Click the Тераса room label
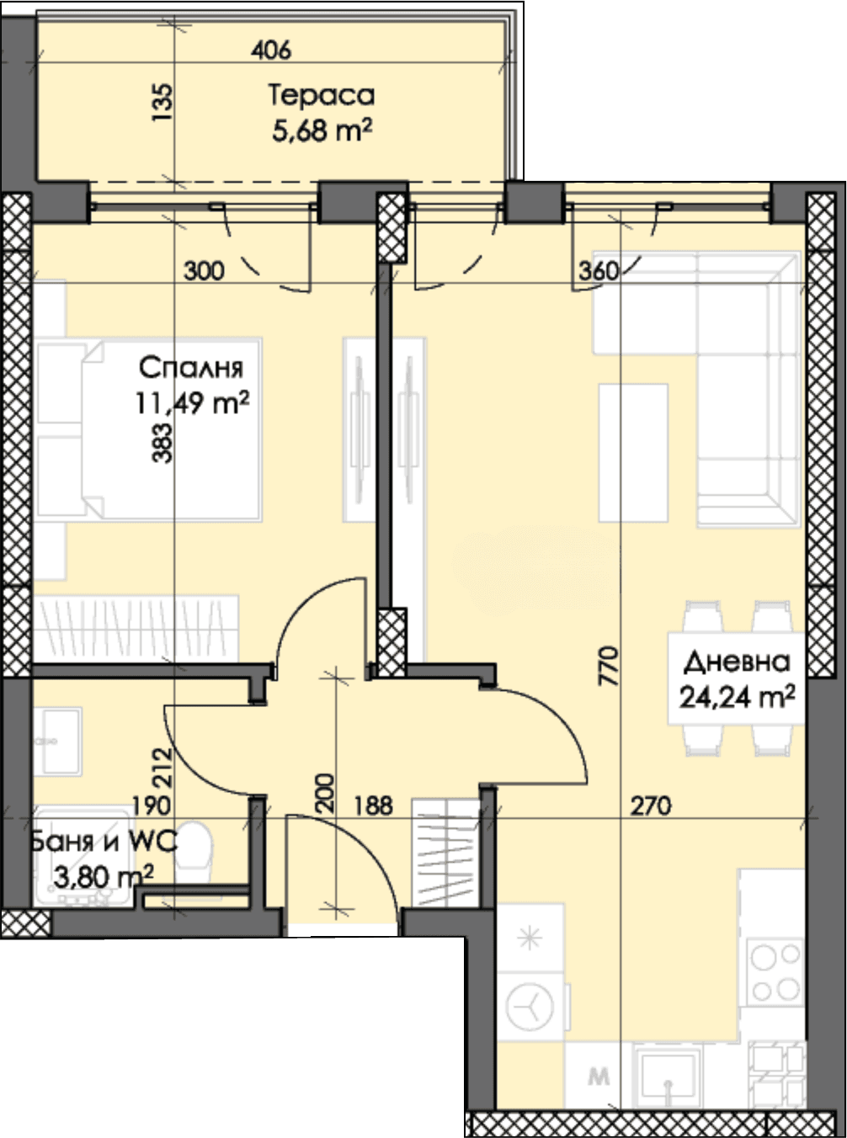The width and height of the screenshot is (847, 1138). (322, 96)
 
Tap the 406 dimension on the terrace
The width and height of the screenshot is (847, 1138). (271, 51)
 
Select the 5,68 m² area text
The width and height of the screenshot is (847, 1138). (322, 130)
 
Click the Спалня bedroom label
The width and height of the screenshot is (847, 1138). (191, 368)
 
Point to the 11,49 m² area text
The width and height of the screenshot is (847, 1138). (192, 403)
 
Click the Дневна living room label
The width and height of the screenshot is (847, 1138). (737, 662)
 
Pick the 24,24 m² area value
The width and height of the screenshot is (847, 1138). (738, 697)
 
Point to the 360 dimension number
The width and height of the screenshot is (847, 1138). (599, 271)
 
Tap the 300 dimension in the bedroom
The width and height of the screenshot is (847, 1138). (204, 271)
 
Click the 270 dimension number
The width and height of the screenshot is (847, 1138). (650, 806)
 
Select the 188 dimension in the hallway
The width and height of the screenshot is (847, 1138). (373, 806)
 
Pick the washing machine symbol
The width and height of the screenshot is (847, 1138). (530, 1007)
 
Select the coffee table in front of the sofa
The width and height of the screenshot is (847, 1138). (633, 453)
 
